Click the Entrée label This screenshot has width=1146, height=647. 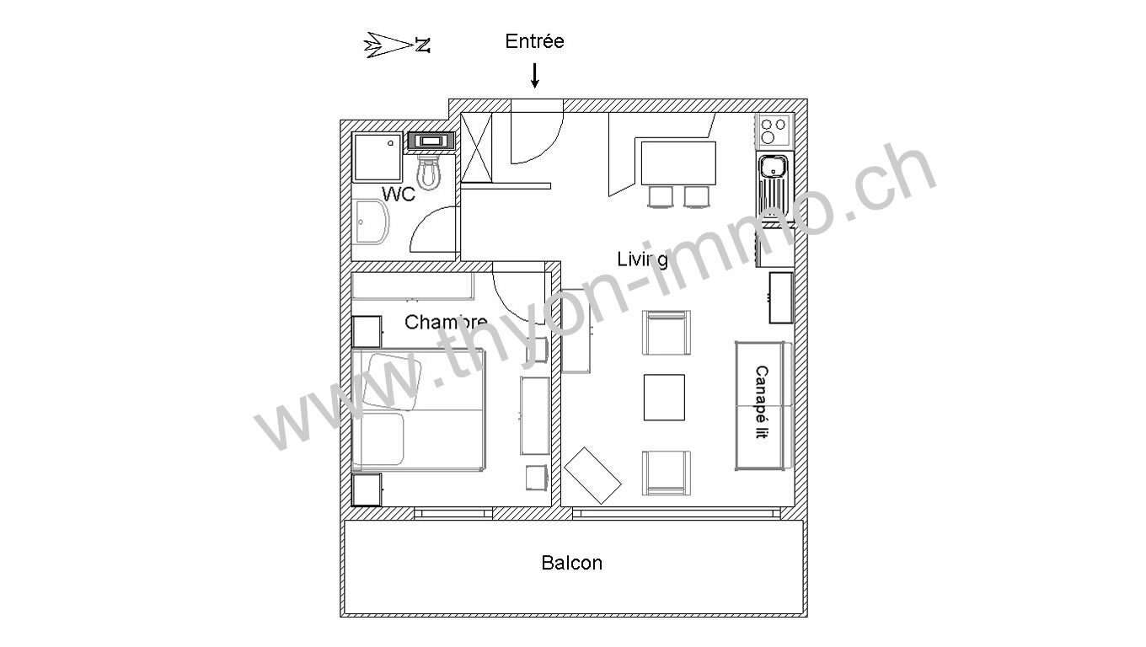coord(534,41)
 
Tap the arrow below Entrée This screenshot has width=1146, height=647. coord(534,75)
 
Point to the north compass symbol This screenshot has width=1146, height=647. coord(397,45)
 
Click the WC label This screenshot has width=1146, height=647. coord(398,194)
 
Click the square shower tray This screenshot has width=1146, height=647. coord(378,157)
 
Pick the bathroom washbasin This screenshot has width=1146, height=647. coord(371,222)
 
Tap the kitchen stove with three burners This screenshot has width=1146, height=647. coord(773,131)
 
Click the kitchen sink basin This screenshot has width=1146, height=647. coord(773,167)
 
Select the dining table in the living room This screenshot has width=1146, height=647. coord(677,163)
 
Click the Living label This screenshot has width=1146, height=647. coord(642,259)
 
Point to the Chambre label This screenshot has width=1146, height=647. coord(446,322)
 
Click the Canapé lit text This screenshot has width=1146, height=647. coord(761,402)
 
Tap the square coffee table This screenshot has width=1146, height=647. coord(664,398)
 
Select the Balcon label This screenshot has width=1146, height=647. coord(571,563)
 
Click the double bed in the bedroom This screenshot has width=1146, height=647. coord(419,409)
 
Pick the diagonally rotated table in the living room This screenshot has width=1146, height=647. coord(592,475)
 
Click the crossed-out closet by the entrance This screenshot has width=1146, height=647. coord(476,147)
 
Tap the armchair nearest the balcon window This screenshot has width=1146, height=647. coord(666,473)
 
